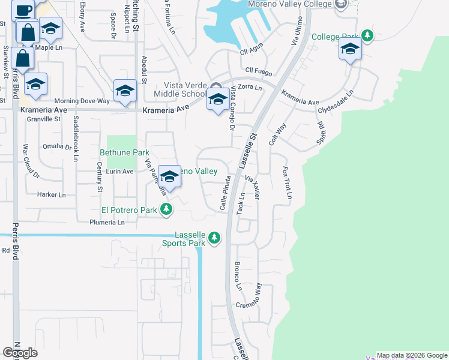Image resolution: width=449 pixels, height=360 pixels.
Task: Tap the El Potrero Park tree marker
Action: tap(166, 210)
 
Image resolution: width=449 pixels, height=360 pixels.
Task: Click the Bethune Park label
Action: tap(124, 153)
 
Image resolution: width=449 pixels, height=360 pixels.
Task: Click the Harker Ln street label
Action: tap(51, 194)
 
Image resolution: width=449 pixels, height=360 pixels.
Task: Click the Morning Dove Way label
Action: tap(82, 101)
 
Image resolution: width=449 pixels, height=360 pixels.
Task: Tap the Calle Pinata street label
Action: tap(225, 193)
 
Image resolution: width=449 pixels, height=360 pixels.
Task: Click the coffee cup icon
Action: tap(23, 10)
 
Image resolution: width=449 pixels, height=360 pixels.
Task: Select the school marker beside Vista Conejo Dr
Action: tap(218, 100)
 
